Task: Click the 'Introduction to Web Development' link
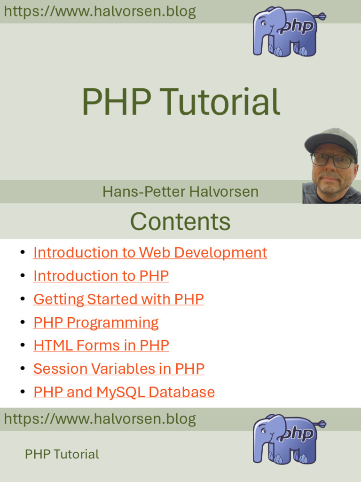tap(150, 253)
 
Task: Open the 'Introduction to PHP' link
tap(101, 276)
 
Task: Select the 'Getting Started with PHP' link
tap(118, 299)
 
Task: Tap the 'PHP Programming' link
tap(96, 323)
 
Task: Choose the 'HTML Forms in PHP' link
tap(102, 345)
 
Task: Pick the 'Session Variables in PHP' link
tap(119, 369)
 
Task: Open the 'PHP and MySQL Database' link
tap(124, 392)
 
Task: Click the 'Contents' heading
tap(180, 221)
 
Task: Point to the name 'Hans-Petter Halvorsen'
tap(180, 192)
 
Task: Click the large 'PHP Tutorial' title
tap(181, 102)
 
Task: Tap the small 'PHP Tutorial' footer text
tap(62, 454)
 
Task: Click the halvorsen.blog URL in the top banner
tap(100, 11)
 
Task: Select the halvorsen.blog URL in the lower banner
tap(100, 418)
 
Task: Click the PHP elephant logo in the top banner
tap(289, 32)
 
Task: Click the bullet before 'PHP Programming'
tap(23, 322)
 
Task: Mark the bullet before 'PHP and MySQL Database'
tap(23, 392)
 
